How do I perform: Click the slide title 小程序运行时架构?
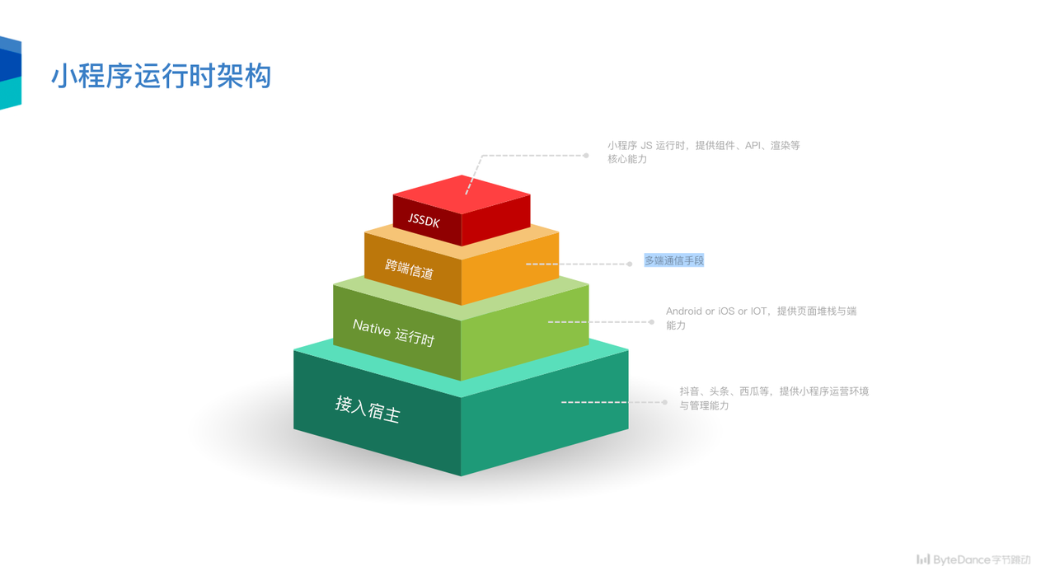point(162,76)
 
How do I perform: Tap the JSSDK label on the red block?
point(424,221)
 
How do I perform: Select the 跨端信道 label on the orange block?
point(410,269)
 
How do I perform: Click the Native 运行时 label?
point(393,332)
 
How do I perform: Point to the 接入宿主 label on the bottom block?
point(368,408)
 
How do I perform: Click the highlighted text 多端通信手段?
point(674,260)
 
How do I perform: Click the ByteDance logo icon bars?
point(923,559)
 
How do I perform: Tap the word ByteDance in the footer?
point(962,560)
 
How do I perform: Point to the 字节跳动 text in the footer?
point(1011,560)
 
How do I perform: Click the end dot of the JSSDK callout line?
point(586,155)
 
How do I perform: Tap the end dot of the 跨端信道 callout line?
point(630,264)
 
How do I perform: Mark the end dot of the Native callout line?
point(652,321)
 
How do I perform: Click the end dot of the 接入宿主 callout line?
point(665,402)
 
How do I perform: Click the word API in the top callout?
point(753,146)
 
